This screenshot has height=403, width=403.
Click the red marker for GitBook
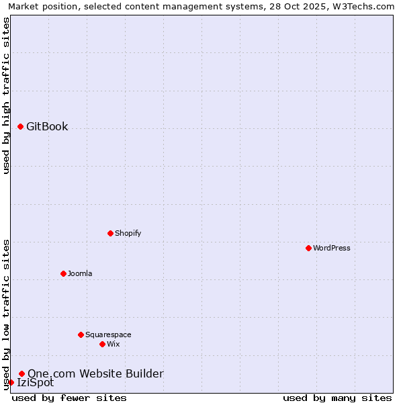20,126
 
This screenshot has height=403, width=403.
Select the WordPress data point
308,248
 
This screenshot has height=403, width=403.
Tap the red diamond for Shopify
110,233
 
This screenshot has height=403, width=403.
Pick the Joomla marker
63,273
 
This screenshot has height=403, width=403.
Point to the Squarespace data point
81,334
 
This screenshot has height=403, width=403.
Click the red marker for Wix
102,344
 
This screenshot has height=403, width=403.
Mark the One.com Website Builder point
21,373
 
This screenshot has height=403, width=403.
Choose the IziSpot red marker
11,382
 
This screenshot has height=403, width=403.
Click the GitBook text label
47,126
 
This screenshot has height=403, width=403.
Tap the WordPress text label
332,248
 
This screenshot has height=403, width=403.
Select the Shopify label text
128,233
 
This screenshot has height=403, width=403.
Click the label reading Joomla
80,273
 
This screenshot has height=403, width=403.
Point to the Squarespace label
108,334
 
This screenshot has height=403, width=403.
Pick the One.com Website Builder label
95,373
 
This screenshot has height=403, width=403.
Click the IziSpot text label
35,383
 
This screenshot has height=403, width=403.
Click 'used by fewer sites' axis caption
69,398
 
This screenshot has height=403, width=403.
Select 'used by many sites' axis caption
337,398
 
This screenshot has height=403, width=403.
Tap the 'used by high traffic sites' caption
6,95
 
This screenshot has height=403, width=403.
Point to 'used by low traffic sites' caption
6,314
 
